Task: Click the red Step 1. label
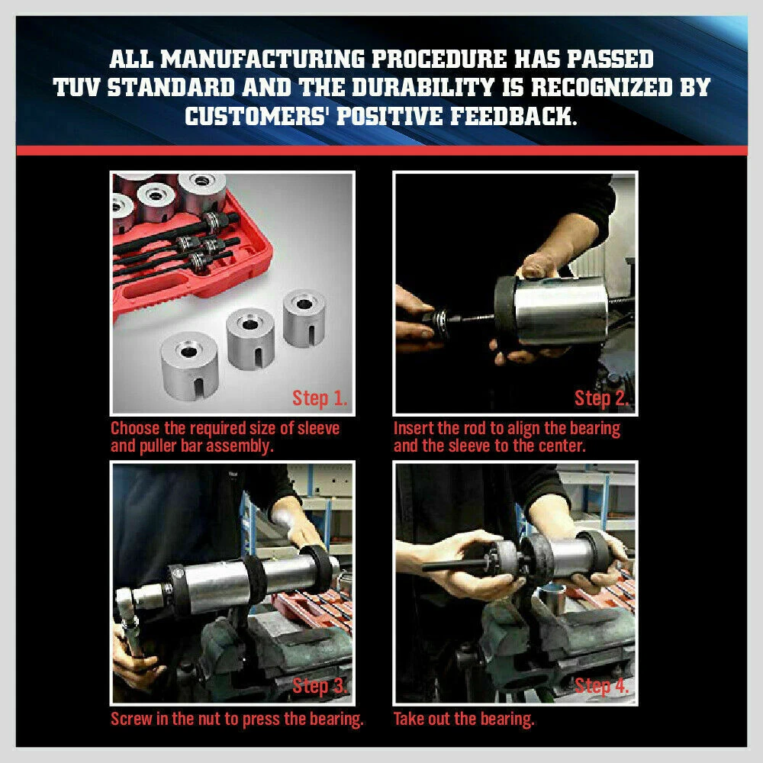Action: (x=320, y=398)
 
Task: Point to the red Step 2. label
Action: (x=603, y=398)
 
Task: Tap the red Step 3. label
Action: (x=320, y=685)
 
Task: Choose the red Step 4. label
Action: (x=603, y=685)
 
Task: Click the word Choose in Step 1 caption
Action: (x=137, y=428)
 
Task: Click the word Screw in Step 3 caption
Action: (x=132, y=719)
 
